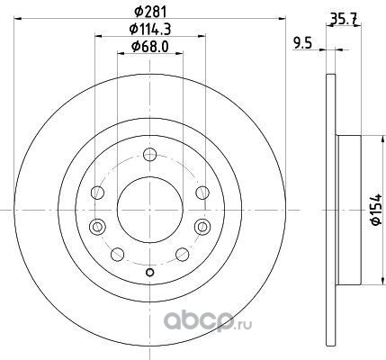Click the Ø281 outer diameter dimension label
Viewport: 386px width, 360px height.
[x=150, y=12]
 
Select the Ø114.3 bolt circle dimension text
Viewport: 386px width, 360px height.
[x=150, y=29]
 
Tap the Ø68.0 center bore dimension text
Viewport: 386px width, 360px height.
[x=150, y=47]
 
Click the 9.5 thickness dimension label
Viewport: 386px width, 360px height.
[x=302, y=44]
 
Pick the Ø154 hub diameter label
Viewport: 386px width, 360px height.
[x=376, y=210]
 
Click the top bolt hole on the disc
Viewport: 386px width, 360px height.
[x=150, y=155]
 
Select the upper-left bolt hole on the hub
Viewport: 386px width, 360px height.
[x=97, y=193]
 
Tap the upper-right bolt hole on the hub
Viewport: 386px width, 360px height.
[x=202, y=193]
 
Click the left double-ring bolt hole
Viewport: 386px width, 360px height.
[x=97, y=227]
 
